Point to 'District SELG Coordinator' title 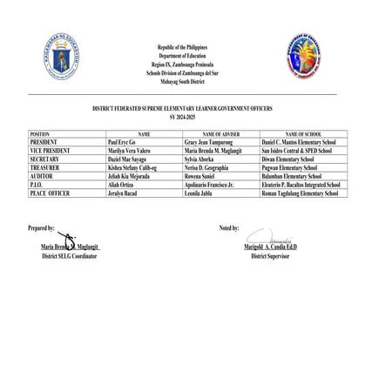[74, 258]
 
